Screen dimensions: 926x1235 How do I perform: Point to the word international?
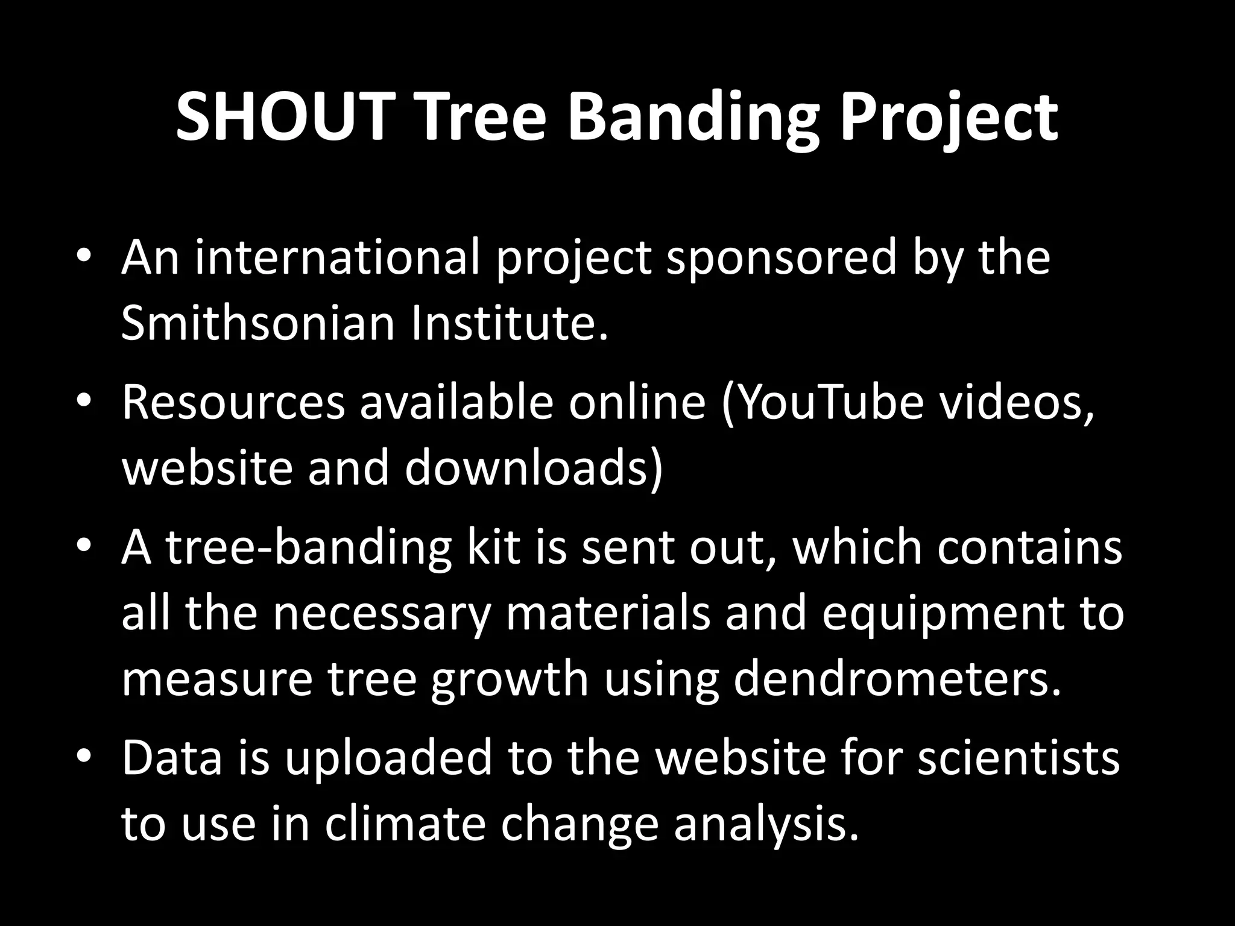point(338,258)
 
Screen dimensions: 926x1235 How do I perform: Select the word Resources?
point(233,403)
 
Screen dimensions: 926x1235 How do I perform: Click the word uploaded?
point(389,758)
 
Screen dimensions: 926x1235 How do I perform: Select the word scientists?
point(1019,758)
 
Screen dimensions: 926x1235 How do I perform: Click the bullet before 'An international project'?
point(84,256)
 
